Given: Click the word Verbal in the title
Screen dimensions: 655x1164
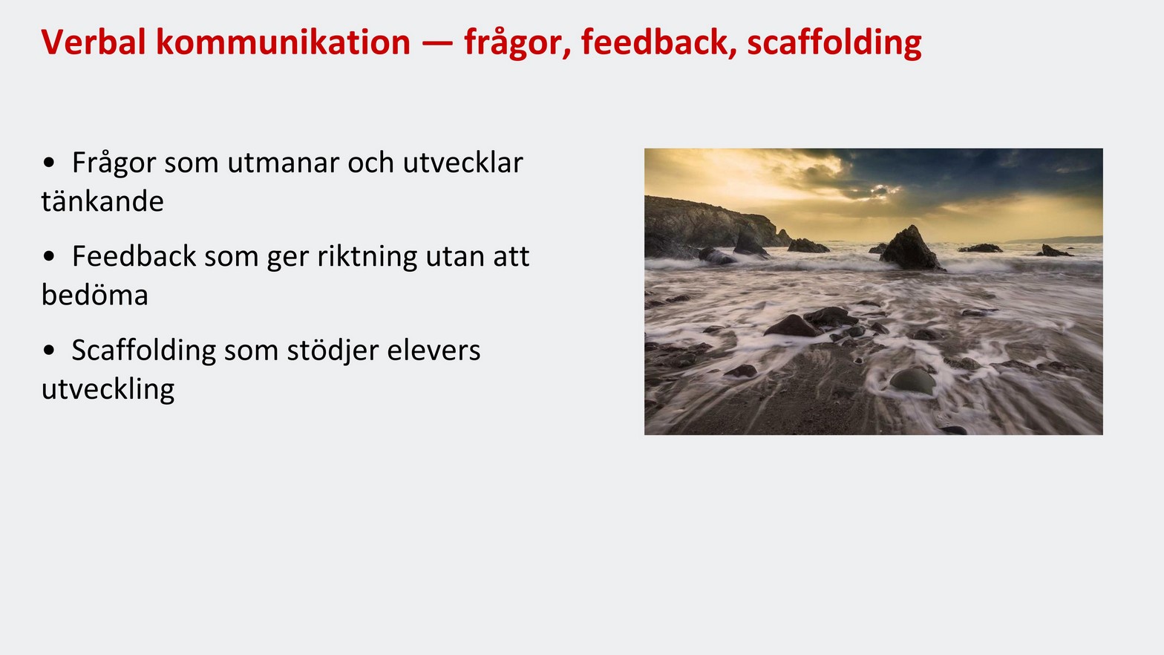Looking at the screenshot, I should click(93, 42).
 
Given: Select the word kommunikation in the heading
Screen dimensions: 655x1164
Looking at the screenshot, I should click(283, 42).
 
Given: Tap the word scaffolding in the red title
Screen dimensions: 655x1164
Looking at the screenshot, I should click(834, 42).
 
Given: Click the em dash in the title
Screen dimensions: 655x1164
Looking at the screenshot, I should click(437, 43).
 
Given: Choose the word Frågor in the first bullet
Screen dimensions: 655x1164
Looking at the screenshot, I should click(114, 163).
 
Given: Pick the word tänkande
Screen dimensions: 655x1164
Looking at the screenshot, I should click(102, 202).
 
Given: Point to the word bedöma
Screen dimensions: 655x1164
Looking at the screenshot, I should click(95, 296).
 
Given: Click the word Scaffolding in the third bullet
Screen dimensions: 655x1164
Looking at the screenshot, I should click(143, 351).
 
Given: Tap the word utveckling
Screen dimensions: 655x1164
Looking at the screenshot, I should click(108, 389).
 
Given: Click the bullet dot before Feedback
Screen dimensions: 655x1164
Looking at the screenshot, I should click(49, 257).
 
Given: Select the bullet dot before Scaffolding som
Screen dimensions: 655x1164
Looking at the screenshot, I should click(49, 351).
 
